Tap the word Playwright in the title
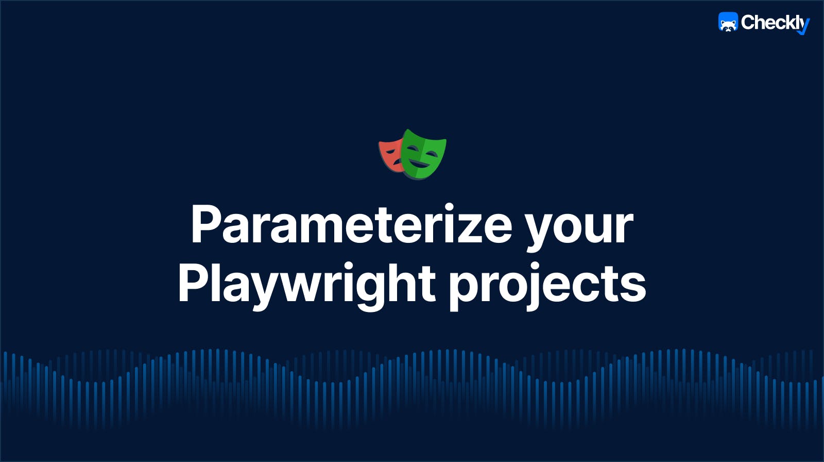pyautogui.click(x=307, y=284)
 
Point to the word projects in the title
pyautogui.click(x=547, y=285)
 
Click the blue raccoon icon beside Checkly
pyautogui.click(x=728, y=23)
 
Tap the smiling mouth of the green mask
pyautogui.click(x=420, y=164)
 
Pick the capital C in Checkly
pyautogui.click(x=748, y=22)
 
